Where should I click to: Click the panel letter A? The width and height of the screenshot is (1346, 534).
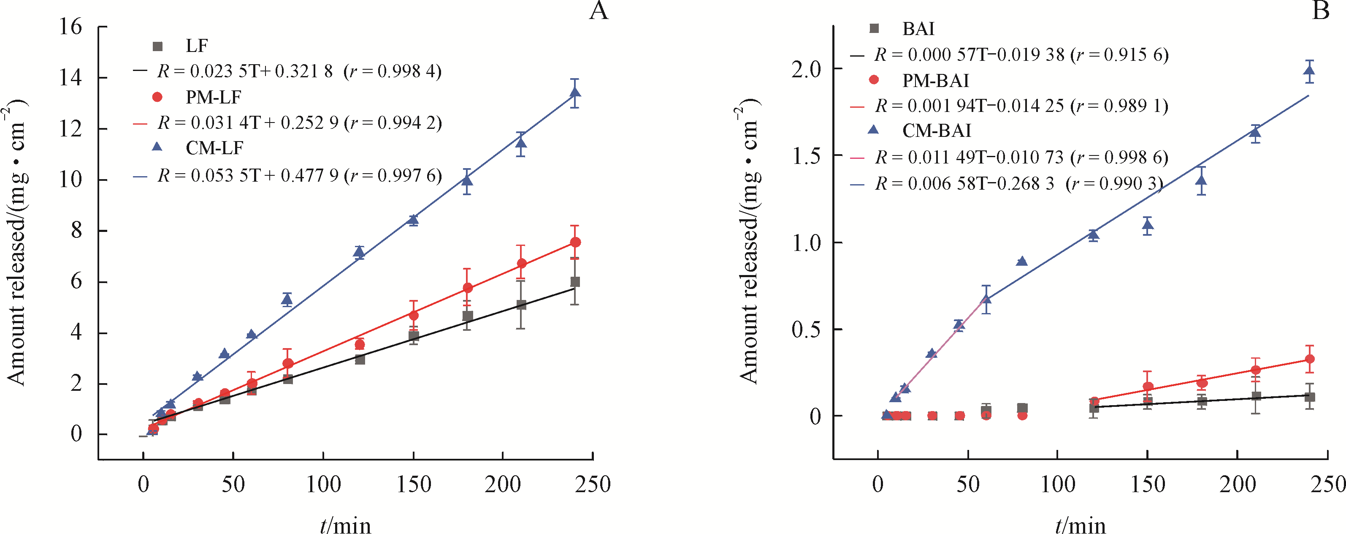point(599,11)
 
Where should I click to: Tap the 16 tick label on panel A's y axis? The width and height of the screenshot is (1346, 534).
point(70,26)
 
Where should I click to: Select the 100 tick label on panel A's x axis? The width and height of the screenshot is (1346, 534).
point(323,484)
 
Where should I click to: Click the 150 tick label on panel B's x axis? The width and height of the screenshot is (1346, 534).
point(1148,484)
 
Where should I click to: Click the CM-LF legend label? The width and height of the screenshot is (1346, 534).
point(214,148)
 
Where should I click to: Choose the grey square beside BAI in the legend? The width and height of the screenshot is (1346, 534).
point(874,28)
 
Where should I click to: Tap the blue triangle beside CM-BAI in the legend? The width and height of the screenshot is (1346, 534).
point(873,129)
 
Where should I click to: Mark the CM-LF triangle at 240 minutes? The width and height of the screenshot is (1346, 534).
point(575,93)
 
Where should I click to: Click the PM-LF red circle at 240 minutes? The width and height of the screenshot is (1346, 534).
point(575,242)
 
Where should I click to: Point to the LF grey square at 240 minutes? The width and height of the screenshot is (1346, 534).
point(575,282)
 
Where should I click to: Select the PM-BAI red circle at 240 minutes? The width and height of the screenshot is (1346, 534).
point(1309,359)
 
